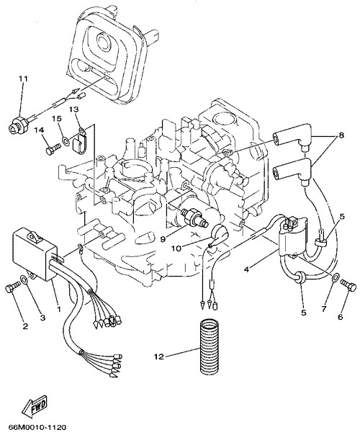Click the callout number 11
coord(23,79)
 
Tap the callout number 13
coord(74,109)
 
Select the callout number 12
coord(159,356)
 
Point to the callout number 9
coord(164,238)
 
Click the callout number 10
coord(176,248)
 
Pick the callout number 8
coord(341,135)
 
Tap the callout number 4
coord(247,269)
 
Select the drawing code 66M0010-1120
coord(37,427)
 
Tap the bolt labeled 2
coord(12,287)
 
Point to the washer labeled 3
coord(24,279)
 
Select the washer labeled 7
coord(335,277)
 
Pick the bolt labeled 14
coord(53,148)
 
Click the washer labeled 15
coord(66,140)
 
